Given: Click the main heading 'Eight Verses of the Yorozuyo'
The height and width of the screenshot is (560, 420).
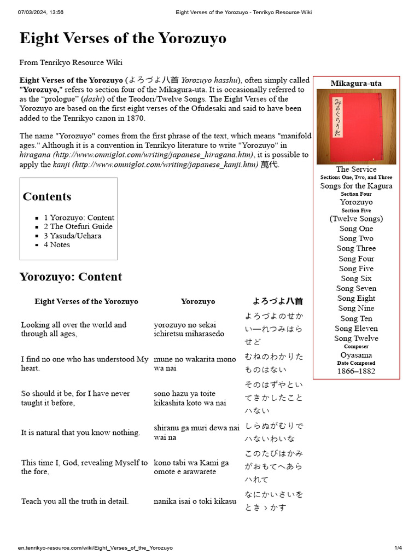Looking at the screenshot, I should pyautogui.click(x=122, y=38).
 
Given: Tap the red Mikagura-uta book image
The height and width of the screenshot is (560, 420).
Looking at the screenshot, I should pyautogui.click(x=356, y=126).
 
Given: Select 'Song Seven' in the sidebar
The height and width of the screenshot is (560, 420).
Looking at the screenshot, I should pyautogui.click(x=356, y=288).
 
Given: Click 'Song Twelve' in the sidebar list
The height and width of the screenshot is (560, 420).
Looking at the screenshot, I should pyautogui.click(x=356, y=338).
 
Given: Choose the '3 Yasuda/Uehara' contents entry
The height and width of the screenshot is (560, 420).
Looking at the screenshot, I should pyautogui.click(x=72, y=236).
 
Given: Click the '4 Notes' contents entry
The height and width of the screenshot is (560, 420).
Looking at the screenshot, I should pyautogui.click(x=57, y=244).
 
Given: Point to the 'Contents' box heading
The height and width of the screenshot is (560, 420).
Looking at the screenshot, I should pyautogui.click(x=47, y=196).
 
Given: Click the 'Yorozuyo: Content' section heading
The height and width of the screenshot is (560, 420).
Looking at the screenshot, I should pyautogui.click(x=71, y=276).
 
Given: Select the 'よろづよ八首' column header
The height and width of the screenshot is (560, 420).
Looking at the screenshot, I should pyautogui.click(x=277, y=301).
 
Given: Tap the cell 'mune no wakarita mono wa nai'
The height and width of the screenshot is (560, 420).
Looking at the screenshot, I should pyautogui.click(x=195, y=364).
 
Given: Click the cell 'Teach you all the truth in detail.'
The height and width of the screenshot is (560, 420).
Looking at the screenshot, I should pyautogui.click(x=75, y=501).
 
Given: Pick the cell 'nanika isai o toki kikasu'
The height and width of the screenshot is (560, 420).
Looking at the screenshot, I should pyautogui.click(x=195, y=501).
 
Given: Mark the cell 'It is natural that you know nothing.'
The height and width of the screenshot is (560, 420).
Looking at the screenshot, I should pyautogui.click(x=80, y=433).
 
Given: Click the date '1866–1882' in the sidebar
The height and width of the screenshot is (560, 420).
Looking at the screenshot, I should pyautogui.click(x=356, y=371).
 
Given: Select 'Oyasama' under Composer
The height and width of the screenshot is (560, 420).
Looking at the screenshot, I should pyautogui.click(x=356, y=355).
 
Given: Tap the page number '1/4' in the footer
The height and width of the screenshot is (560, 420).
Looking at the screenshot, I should pyautogui.click(x=398, y=547).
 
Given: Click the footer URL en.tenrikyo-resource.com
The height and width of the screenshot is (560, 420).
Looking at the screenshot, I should pyautogui.click(x=95, y=547).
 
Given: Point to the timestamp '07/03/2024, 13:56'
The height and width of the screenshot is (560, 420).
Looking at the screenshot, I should pyautogui.click(x=40, y=12).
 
